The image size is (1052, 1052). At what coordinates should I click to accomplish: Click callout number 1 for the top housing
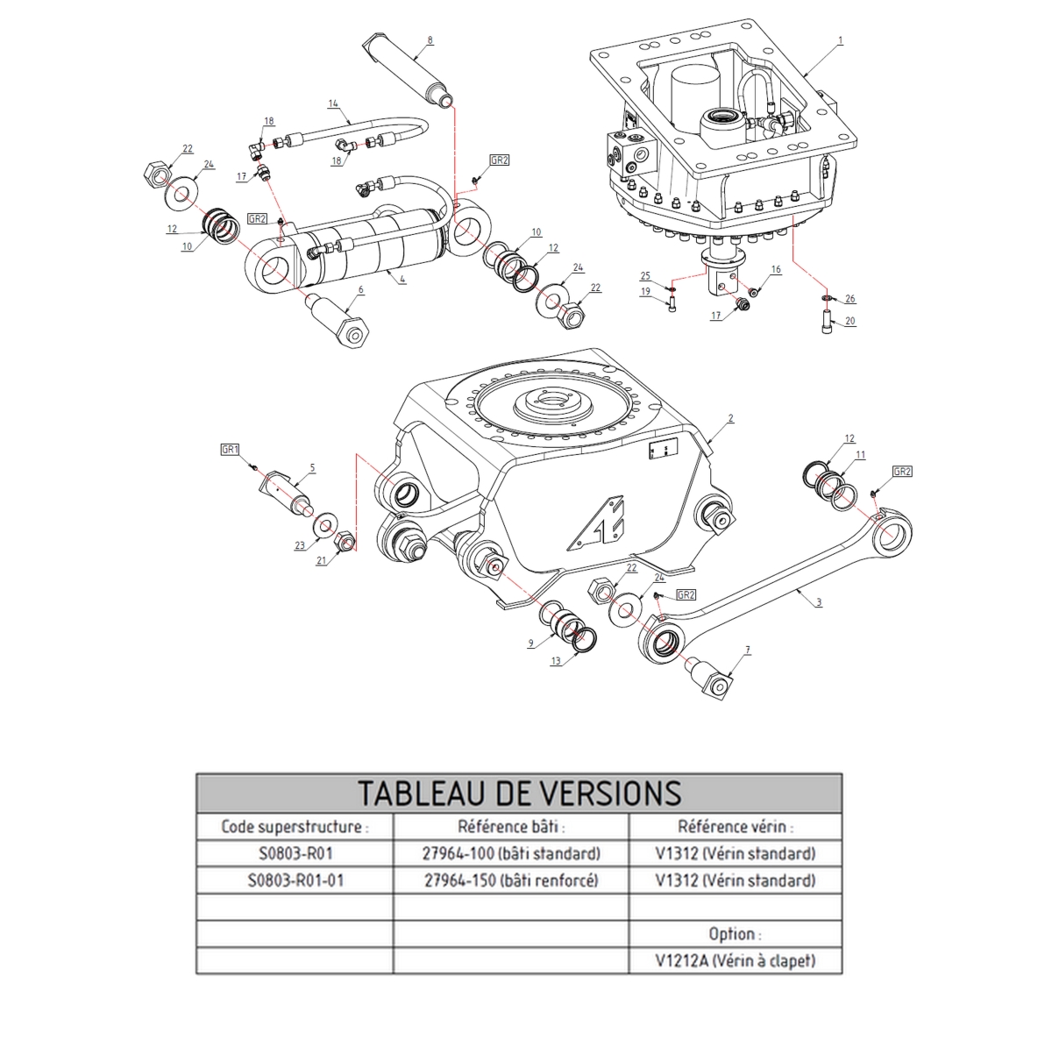[840, 40]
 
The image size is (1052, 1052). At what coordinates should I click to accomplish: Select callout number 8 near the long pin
[430, 40]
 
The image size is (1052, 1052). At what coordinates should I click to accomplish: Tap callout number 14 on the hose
[333, 103]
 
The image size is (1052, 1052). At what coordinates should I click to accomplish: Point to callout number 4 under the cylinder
[402, 279]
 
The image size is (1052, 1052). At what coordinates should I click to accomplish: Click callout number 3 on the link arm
[819, 602]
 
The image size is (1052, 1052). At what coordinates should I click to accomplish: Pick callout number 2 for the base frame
[729, 419]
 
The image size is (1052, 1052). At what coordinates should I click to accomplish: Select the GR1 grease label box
[231, 449]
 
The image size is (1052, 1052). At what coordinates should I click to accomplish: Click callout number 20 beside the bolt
[849, 322]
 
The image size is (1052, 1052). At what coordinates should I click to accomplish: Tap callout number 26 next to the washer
[849, 299]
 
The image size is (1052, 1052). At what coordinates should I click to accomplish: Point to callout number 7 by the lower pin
[748, 650]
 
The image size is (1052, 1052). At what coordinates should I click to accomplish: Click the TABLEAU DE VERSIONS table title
[519, 793]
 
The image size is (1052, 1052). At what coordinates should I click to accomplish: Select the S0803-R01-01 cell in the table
[295, 880]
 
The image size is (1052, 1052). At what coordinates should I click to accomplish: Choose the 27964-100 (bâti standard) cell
[511, 853]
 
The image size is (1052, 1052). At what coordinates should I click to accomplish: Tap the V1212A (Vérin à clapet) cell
[735, 961]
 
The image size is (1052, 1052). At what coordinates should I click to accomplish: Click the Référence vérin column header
[735, 826]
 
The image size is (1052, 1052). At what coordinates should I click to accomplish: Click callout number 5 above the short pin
[312, 468]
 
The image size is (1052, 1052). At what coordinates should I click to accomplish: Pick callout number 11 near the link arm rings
[860, 455]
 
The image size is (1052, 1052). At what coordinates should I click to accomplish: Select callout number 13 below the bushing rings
[556, 661]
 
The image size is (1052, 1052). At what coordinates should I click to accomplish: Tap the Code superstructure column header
[295, 826]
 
